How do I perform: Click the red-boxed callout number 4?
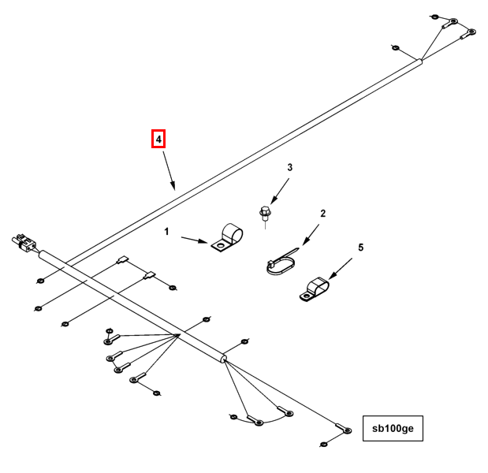click(x=159, y=140)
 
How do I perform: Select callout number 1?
click(x=166, y=232)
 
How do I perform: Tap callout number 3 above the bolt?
click(x=289, y=168)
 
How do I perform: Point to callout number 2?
click(x=322, y=214)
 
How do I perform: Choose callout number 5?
click(x=361, y=248)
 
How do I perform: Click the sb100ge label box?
click(x=393, y=430)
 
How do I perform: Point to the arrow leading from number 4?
click(x=168, y=171)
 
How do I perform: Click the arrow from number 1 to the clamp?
click(x=195, y=239)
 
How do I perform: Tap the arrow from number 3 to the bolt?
click(x=279, y=190)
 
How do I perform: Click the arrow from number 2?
click(x=309, y=233)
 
